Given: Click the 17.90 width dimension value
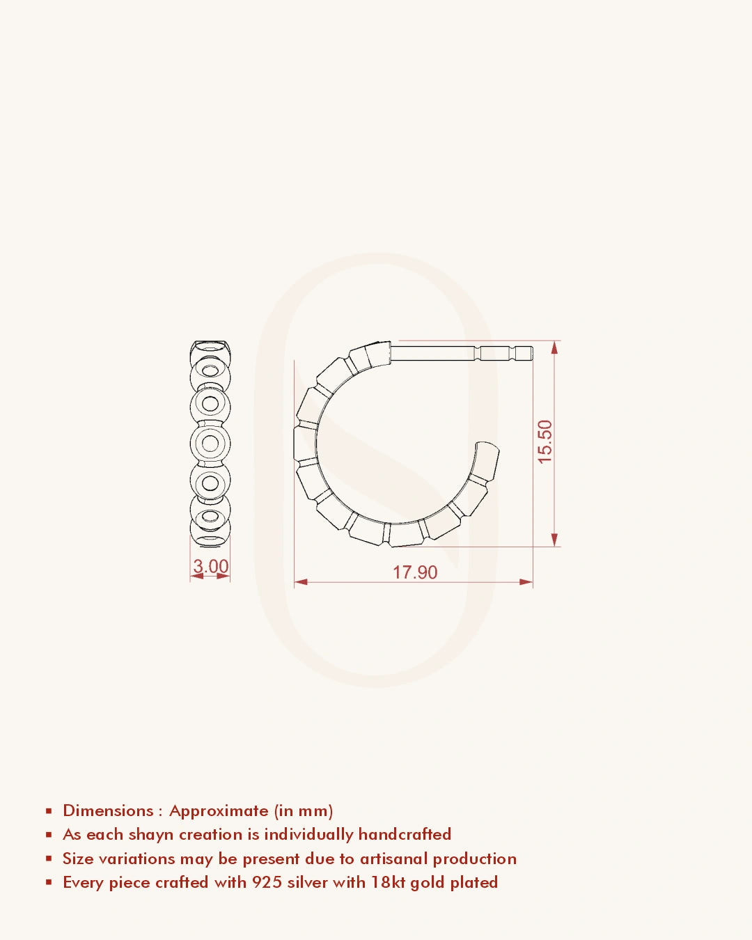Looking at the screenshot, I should (x=415, y=572).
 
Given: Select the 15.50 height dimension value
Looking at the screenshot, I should (x=545, y=441).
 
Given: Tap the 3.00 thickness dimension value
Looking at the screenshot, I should (x=210, y=566).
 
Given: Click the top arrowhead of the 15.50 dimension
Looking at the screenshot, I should (x=554, y=347).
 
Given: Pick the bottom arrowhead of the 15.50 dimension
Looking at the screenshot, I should (x=554, y=540).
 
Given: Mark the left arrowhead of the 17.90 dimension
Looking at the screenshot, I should (x=301, y=581).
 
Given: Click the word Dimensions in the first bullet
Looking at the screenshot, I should (x=108, y=810).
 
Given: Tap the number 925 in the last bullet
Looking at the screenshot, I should (x=267, y=882).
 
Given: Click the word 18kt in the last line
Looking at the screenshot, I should (x=388, y=882).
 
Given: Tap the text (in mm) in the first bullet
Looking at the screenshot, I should (x=304, y=810).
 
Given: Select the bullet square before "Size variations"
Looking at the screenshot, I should (x=49, y=859).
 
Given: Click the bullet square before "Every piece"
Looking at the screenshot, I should (x=49, y=882).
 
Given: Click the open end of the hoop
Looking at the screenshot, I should (x=487, y=450).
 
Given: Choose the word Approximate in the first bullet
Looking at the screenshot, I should (x=219, y=811).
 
